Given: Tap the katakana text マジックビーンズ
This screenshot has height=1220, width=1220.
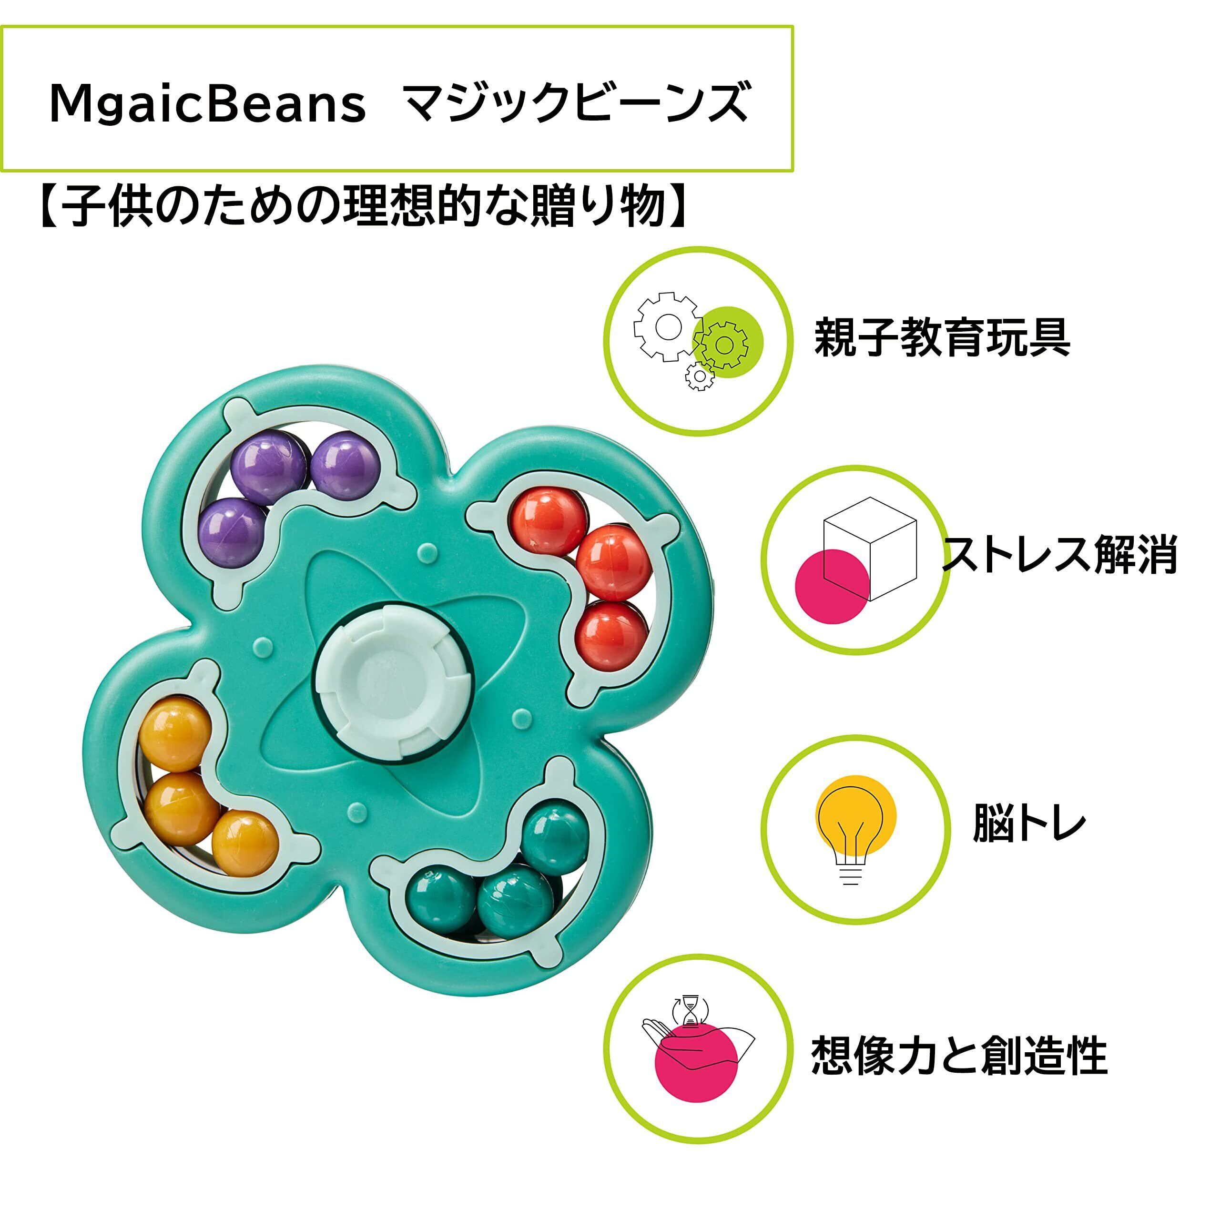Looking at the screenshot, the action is click(576, 102).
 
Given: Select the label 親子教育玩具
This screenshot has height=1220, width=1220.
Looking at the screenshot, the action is click(942, 338).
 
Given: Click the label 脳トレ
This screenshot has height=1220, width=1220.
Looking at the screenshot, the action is click(1029, 823).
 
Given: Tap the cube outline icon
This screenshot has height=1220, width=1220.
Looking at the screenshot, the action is click(870, 548).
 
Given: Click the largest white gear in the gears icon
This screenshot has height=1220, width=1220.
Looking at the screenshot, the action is click(667, 326).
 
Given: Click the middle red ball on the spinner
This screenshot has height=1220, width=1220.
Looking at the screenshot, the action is click(613, 561).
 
